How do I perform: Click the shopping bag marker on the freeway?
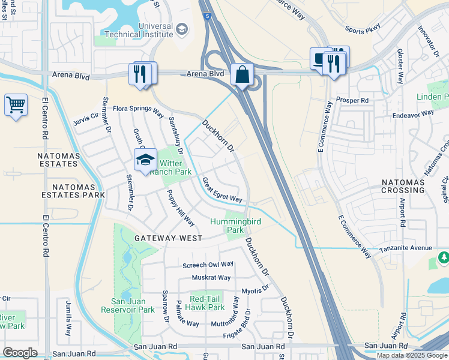click(242, 75)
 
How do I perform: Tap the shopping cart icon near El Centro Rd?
click(16, 106)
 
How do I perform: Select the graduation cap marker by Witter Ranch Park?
click(145, 160)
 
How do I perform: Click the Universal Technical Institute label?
click(155, 31)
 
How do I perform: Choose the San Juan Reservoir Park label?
click(133, 305)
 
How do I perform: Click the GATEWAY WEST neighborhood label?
click(169, 238)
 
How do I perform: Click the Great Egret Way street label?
click(222, 190)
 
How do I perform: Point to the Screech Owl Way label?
click(208, 265)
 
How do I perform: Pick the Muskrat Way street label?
click(211, 278)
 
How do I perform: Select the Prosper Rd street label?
click(352, 100)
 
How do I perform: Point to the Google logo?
click(20, 353)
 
